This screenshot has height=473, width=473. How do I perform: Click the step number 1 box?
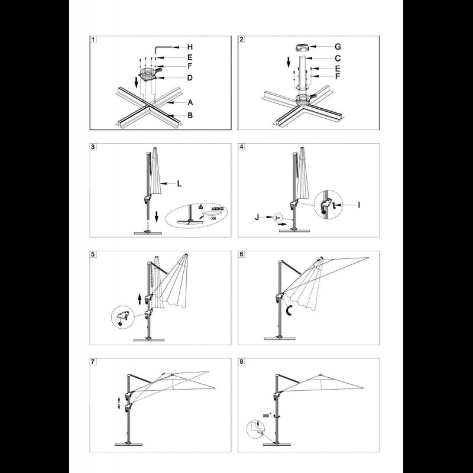(93, 40)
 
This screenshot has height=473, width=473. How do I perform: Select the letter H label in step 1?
(190, 47)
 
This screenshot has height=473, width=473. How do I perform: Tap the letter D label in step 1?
(190, 78)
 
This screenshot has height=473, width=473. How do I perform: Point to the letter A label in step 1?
(190, 102)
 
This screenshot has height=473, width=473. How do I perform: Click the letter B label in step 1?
(190, 115)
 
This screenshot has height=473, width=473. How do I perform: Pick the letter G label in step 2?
(338, 47)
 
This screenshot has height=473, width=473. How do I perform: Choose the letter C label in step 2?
(338, 58)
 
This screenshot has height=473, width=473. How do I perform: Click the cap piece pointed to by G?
(302, 47)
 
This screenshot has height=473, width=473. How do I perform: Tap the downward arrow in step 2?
(289, 63)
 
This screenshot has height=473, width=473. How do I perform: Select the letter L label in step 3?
(179, 183)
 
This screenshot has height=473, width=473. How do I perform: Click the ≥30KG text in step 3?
(217, 209)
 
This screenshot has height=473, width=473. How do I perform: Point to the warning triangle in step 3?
(200, 208)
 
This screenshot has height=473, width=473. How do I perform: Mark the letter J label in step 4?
(257, 216)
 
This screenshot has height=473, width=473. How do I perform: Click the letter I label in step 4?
(359, 205)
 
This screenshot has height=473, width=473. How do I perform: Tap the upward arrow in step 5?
(140, 299)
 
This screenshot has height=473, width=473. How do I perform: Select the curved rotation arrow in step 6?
(290, 310)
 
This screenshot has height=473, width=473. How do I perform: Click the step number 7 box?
(93, 362)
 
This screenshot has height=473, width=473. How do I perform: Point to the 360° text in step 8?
(267, 415)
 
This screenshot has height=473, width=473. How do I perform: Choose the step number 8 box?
(241, 362)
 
